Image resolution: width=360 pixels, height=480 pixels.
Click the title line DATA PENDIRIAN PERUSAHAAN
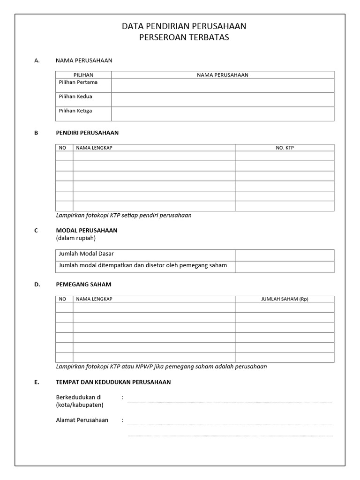184,26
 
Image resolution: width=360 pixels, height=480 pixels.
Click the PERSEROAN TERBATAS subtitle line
184,37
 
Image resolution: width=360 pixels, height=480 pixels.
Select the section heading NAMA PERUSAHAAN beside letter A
84,60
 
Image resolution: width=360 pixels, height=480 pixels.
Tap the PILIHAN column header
83,75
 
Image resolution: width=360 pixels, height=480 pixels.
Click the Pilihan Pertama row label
78,82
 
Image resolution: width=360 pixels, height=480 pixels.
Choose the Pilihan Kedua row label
75,97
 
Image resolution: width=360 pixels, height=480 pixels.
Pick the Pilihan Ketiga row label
75,111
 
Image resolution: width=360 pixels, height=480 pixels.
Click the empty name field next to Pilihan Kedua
223,99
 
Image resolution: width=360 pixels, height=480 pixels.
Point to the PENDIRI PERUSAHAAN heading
87,133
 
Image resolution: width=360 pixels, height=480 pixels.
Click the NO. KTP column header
285,148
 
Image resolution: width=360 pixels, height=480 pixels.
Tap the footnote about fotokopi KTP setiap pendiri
124,216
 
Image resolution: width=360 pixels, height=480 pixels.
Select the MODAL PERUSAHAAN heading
87,230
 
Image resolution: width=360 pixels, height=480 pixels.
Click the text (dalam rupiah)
75,238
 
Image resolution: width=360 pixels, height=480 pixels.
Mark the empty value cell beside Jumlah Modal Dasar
285,255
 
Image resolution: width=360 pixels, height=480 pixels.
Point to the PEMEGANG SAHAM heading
83,284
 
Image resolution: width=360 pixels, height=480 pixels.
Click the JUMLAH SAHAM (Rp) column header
285,299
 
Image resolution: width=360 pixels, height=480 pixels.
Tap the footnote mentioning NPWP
161,367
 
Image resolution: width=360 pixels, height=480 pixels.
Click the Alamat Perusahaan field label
82,420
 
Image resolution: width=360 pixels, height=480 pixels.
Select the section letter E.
36,382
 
